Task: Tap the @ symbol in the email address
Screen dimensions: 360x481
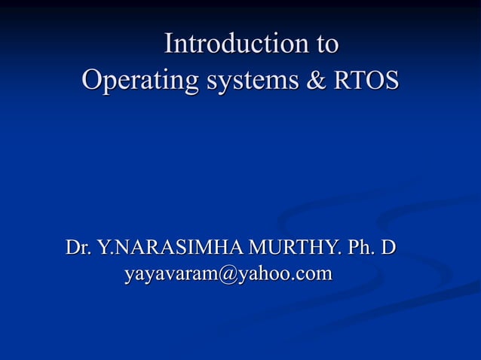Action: tap(228, 274)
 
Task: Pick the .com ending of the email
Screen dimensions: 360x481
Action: tap(313, 274)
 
